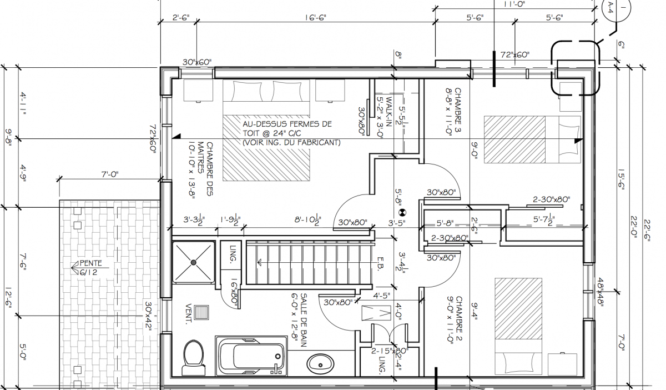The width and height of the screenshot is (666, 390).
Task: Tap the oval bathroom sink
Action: (x=321, y=364)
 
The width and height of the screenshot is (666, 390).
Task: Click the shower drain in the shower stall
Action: (x=194, y=261)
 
